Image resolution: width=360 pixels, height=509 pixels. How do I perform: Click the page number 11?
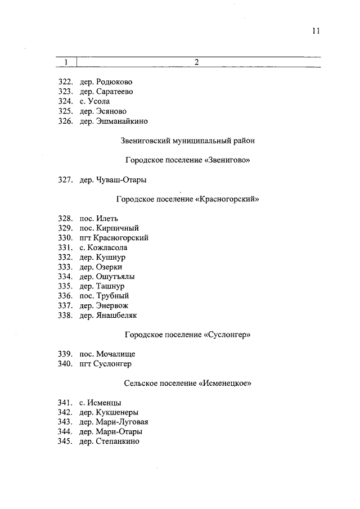316,31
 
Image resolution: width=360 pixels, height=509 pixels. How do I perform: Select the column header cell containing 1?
67,62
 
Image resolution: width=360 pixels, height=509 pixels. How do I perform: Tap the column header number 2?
197,62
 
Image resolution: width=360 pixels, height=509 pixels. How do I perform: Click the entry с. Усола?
94,101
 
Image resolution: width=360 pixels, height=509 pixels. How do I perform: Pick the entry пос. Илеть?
98,218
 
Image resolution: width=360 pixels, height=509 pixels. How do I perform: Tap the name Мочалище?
115,354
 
